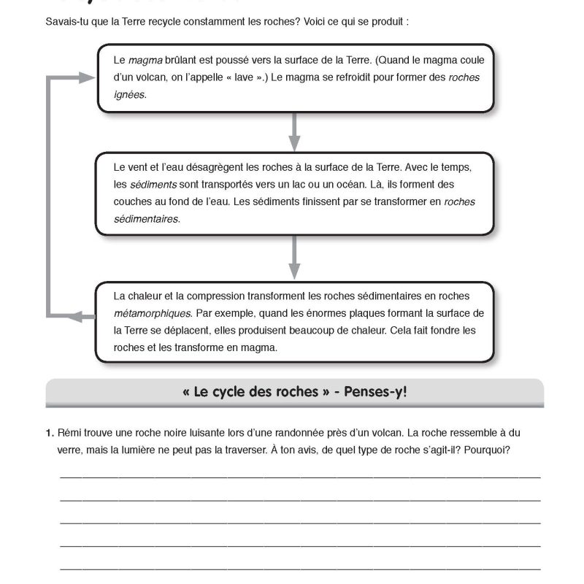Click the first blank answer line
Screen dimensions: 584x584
(x=299, y=475)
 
